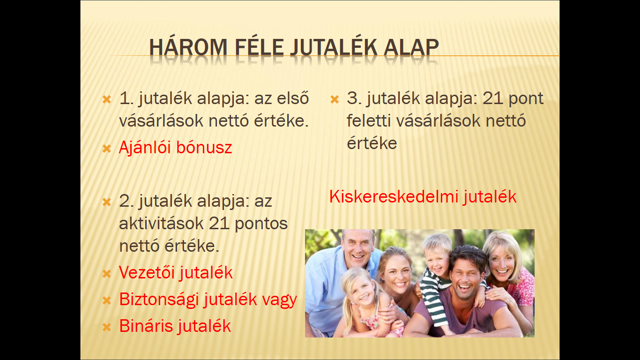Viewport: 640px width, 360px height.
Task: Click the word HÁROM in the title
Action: (x=188, y=47)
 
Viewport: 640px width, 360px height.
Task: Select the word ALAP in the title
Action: (x=411, y=47)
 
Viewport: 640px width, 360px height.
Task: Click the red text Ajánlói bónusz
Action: (x=175, y=148)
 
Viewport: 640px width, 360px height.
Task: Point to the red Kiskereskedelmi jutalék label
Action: (x=423, y=197)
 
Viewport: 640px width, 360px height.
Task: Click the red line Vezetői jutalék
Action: (x=176, y=272)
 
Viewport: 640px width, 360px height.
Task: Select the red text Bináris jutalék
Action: (x=175, y=326)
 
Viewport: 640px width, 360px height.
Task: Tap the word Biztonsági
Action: (x=159, y=300)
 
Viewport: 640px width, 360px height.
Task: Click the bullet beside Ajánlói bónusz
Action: (x=106, y=149)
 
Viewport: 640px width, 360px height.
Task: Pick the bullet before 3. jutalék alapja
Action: (x=335, y=99)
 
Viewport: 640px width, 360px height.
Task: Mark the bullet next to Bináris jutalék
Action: (x=106, y=327)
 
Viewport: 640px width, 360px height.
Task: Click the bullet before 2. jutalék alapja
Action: (x=106, y=202)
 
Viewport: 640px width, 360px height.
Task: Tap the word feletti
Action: (x=369, y=120)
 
